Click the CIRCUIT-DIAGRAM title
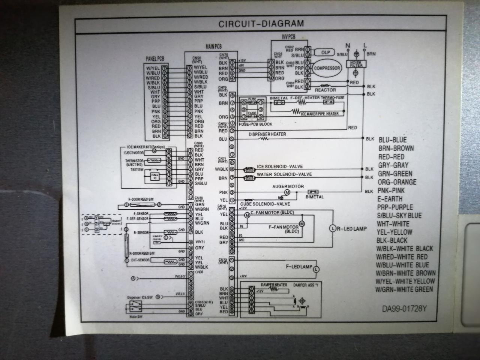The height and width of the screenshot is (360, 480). (261, 24)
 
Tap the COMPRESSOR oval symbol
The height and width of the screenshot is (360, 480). (327, 68)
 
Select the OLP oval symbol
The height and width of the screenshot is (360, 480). (325, 52)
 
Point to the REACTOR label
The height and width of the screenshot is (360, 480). (325, 90)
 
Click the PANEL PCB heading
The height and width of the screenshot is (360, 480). (154, 59)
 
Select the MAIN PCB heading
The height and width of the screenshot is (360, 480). (214, 47)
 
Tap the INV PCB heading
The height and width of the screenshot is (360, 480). (288, 37)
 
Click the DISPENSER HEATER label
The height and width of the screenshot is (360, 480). (267, 134)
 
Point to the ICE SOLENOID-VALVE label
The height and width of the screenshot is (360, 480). (280, 166)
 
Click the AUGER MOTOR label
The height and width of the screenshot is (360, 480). (288, 186)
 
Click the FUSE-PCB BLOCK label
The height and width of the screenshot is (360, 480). (255, 124)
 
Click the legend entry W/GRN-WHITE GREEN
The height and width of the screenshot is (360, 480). (404, 289)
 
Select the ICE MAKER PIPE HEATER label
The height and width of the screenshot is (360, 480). (320, 113)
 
